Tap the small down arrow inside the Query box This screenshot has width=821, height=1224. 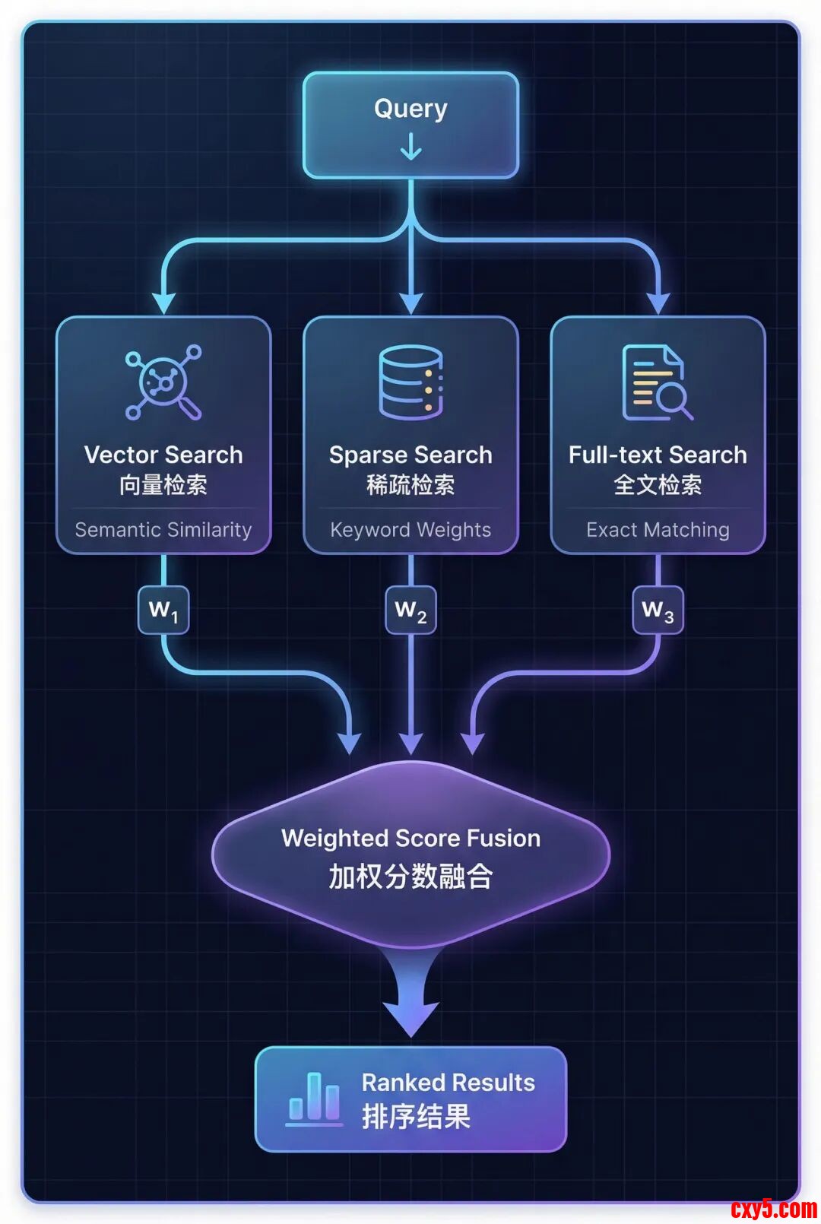coord(410,147)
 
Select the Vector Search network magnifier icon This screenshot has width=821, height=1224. coord(163,382)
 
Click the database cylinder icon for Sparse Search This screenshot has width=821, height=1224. coord(410,382)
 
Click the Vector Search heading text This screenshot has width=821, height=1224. coord(163,455)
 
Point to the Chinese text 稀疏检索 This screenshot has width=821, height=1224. coord(410,485)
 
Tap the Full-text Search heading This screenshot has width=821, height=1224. coord(658,455)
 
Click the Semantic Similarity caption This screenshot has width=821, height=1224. coord(163,530)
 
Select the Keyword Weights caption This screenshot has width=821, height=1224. coord(410,530)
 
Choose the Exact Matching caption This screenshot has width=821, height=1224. coord(658,530)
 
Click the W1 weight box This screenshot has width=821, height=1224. coord(163,610)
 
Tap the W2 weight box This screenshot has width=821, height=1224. coord(410,610)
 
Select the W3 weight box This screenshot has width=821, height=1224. coord(658,610)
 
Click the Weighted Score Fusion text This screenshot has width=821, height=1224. coord(410,838)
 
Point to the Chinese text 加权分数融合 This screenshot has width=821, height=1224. coord(410,877)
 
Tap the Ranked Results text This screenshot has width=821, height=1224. coord(448,1083)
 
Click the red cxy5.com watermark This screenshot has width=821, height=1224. coord(774,1208)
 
